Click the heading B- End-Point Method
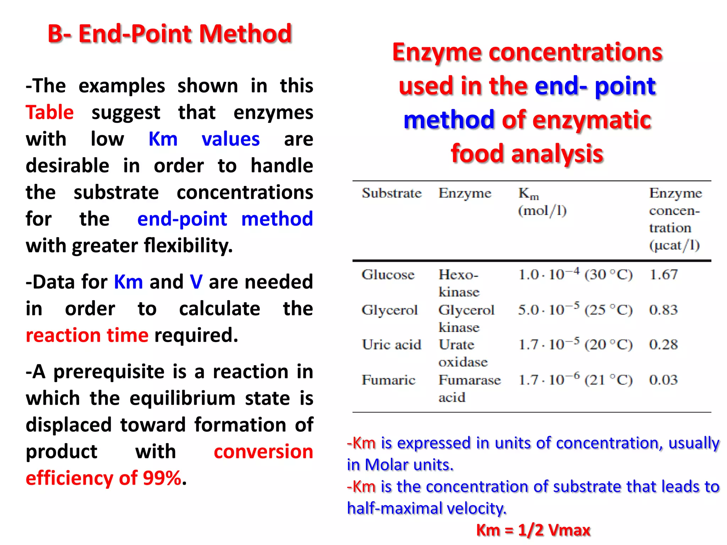coord(170,34)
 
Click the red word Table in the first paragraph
coord(50,112)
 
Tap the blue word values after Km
coord(230,139)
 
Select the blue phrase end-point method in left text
coord(225,219)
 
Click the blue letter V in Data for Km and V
coord(196,282)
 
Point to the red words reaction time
coord(87,335)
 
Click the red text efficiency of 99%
coord(104,478)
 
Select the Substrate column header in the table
coord(392,193)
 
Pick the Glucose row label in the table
coord(388,275)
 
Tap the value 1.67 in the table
coord(663,275)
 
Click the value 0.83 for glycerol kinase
coord(663,310)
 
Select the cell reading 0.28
coord(663,345)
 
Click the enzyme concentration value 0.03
coord(663,380)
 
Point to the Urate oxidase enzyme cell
coord(463,353)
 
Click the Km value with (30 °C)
coord(575,275)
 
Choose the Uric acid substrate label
coord(391,345)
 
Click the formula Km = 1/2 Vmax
coord(533,530)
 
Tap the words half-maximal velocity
coord(426,508)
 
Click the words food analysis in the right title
coord(527,154)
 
